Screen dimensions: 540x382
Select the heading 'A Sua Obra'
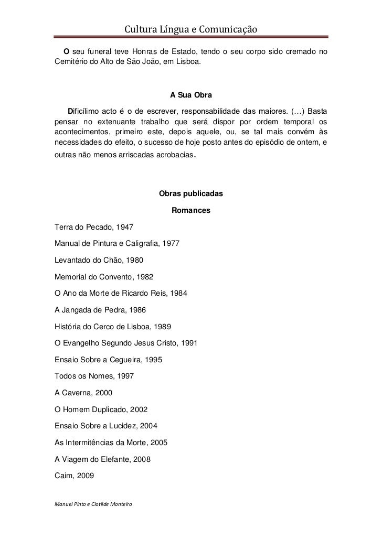(190, 95)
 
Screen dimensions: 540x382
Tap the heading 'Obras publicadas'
(190, 194)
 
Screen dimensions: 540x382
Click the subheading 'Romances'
(190, 211)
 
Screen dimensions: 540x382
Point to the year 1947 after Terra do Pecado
(124, 228)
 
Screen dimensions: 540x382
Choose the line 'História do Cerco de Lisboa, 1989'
(112, 326)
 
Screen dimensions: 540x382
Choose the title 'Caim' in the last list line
(63, 475)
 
